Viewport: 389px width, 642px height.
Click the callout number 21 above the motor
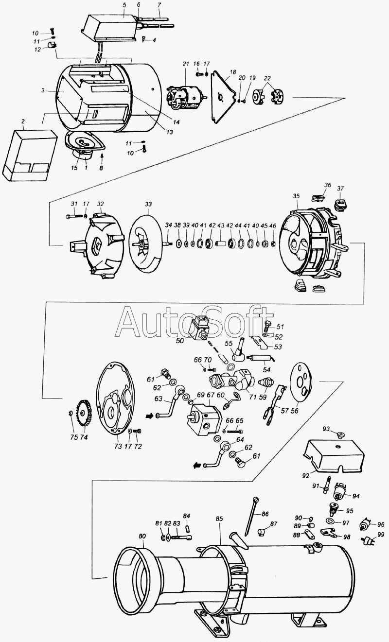(x=186, y=64)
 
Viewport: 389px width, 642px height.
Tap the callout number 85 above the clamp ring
(x=219, y=519)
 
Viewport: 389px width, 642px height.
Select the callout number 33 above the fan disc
(x=148, y=204)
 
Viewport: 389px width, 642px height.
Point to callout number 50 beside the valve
(x=180, y=341)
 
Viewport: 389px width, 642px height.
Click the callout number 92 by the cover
(x=306, y=476)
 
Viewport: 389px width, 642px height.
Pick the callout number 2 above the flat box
(x=23, y=121)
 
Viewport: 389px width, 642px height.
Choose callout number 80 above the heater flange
(x=142, y=536)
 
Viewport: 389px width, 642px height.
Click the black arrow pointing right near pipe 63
(x=150, y=416)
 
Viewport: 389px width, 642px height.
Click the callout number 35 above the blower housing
(x=297, y=196)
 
